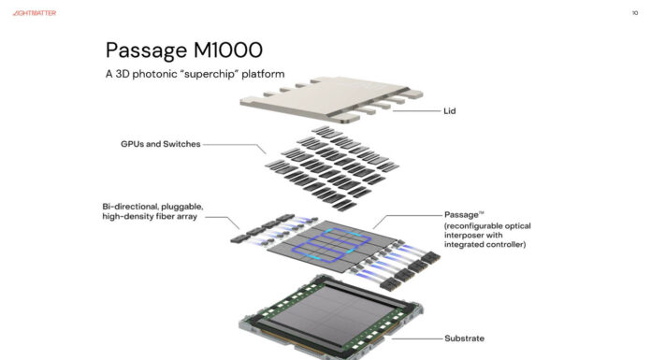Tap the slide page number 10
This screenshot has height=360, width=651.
pyautogui.click(x=634, y=13)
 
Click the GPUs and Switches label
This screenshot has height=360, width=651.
pyautogui.click(x=160, y=144)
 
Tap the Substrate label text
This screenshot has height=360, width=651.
pyautogui.click(x=464, y=338)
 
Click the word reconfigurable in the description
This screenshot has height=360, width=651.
pyautogui.click(x=474, y=225)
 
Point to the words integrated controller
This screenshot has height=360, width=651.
pyautogui.click(x=485, y=245)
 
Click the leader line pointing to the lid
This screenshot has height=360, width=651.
pyautogui.click(x=416, y=111)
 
